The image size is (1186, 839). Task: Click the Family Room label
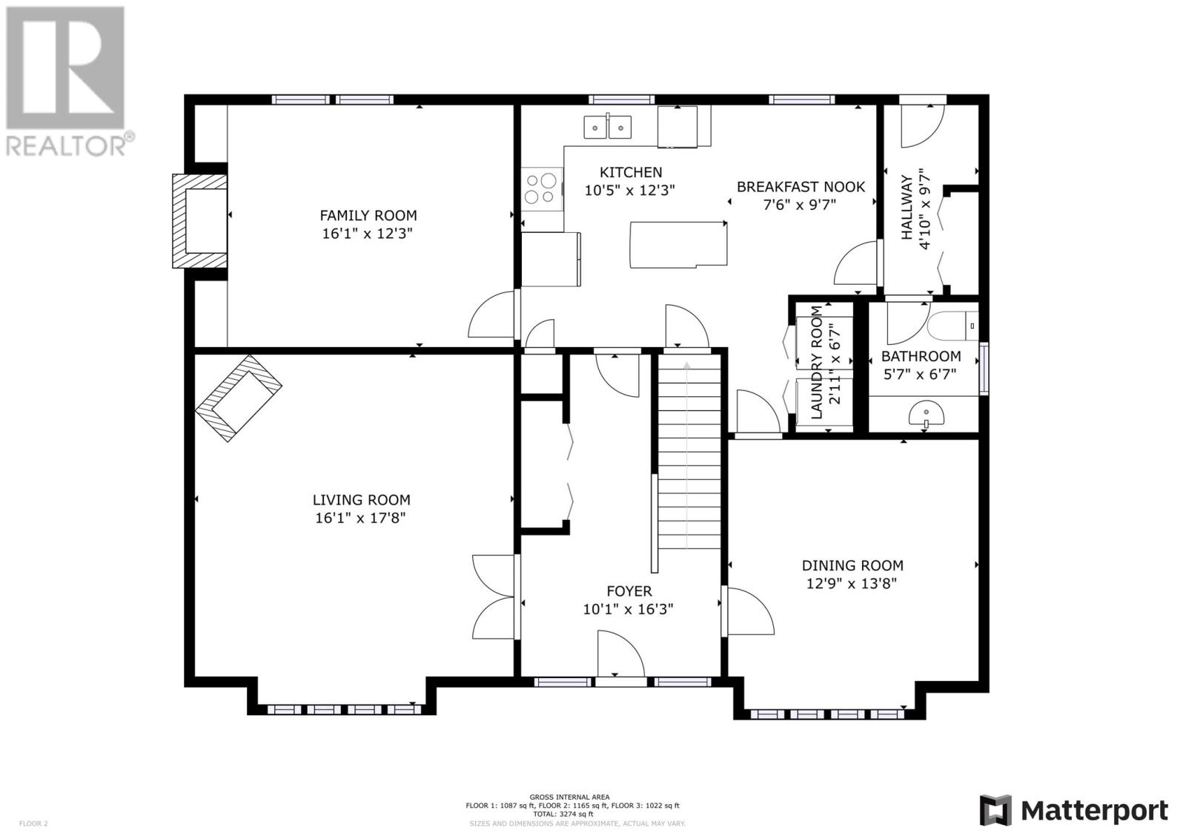[368, 215]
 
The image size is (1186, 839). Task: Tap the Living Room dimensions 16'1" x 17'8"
[360, 518]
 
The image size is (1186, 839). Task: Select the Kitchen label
[631, 172]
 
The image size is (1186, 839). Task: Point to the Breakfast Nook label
[801, 186]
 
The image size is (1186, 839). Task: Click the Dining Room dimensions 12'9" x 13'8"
[852, 584]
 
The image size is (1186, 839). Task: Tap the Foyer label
[629, 591]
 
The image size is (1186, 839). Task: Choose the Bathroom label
[921, 356]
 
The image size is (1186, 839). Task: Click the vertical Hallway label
[907, 208]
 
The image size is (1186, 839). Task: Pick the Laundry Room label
[817, 363]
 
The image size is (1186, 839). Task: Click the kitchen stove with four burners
[542, 188]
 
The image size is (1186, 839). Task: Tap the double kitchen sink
[607, 127]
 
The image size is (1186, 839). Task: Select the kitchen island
[678, 245]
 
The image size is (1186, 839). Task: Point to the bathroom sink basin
[927, 414]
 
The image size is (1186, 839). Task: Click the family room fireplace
[200, 220]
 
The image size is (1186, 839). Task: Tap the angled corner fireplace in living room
[238, 398]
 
